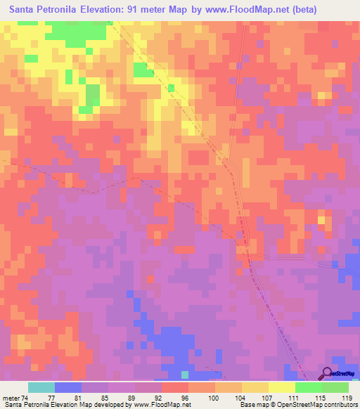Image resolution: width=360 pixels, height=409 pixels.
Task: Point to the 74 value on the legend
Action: click(x=25, y=397)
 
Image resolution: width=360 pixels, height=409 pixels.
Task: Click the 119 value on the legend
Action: click(x=346, y=397)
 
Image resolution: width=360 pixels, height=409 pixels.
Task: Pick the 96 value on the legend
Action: click(x=185, y=397)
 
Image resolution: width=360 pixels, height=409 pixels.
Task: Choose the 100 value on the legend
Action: click(x=212, y=397)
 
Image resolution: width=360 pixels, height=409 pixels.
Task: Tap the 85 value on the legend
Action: click(x=105, y=397)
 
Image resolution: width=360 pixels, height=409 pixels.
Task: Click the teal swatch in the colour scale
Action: click(x=41, y=387)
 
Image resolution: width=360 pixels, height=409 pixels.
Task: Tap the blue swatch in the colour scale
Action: click(x=68, y=387)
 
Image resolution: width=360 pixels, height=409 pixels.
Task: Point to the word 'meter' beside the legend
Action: click(x=11, y=397)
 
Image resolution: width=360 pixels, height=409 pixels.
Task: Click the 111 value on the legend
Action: click(x=292, y=397)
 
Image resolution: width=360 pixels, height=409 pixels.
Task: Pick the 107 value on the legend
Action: click(x=266, y=397)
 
